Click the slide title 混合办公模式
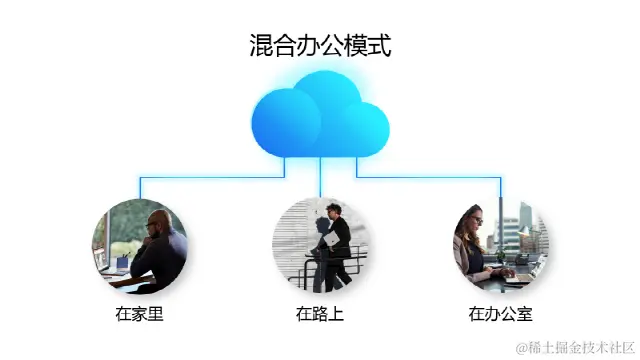coord(320,45)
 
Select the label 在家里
coord(139,314)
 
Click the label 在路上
coord(320,314)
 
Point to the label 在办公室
coord(501,314)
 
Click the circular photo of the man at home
coord(139,244)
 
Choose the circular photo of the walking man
coord(320,244)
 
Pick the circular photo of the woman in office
coord(500,244)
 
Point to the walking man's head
coord(334,211)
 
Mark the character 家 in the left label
coord(139,314)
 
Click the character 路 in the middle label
coord(320,314)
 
